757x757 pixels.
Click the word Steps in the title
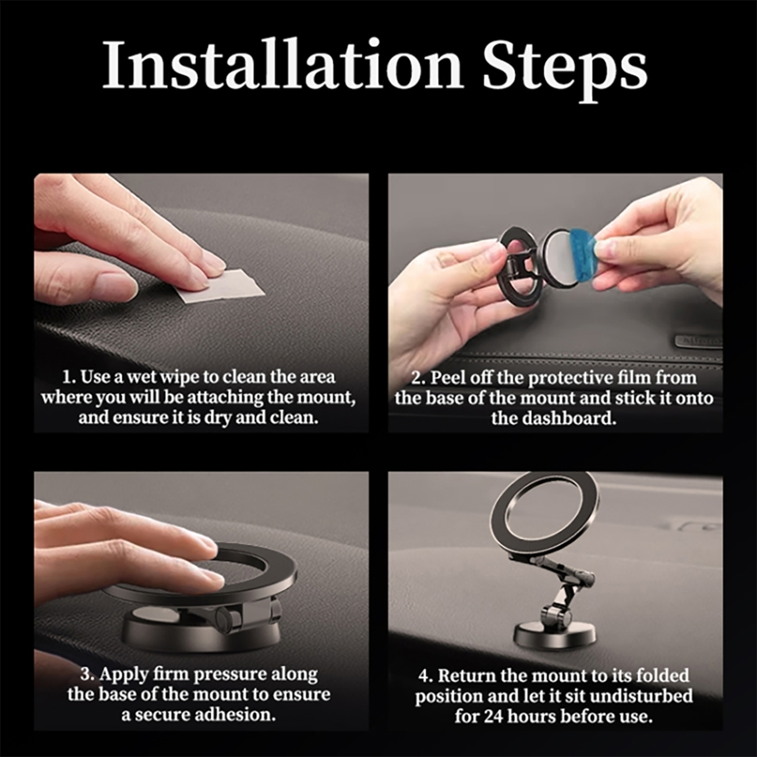click(565, 70)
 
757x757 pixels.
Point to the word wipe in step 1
click(179, 377)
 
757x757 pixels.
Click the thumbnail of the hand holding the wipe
click(201, 303)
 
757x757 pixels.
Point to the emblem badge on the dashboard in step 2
click(699, 341)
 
